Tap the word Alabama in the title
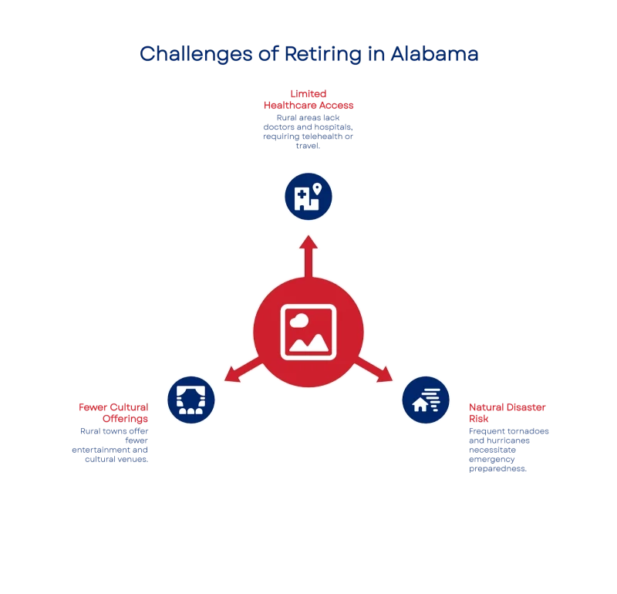(x=435, y=54)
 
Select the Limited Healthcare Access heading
(x=308, y=99)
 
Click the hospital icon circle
(x=308, y=196)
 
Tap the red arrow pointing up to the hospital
(x=308, y=255)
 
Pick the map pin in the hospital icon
(x=316, y=187)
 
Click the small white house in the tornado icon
(x=420, y=403)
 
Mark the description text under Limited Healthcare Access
(x=308, y=132)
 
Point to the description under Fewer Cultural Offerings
(x=110, y=445)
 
